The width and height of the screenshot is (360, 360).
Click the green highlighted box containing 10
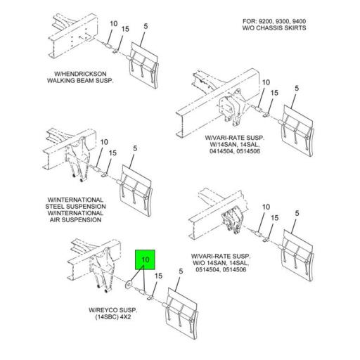coord(145,259)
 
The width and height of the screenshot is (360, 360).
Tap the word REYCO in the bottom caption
coord(106,310)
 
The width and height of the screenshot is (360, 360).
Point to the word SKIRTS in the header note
coord(295,28)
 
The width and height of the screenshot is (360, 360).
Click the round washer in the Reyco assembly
coord(129,284)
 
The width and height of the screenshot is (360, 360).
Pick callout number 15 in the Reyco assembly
coord(158,276)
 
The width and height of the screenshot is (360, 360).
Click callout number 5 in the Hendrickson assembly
coord(146,26)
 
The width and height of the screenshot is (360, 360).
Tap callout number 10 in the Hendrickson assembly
coord(114,24)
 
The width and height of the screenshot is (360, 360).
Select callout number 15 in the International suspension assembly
coord(112,153)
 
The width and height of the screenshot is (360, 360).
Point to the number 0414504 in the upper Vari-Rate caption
coord(220,151)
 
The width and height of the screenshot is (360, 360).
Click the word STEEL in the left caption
coord(56,207)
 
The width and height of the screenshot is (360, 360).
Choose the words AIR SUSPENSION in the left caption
coord(75,220)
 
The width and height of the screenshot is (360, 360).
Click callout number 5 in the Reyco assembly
coord(181,271)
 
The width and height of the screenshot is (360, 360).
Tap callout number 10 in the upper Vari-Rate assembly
coord(266,82)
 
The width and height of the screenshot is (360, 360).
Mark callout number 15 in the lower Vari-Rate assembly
coord(274,218)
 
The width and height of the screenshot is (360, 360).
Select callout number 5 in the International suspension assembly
coord(135,148)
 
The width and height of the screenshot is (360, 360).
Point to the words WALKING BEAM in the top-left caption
coord(67,81)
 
